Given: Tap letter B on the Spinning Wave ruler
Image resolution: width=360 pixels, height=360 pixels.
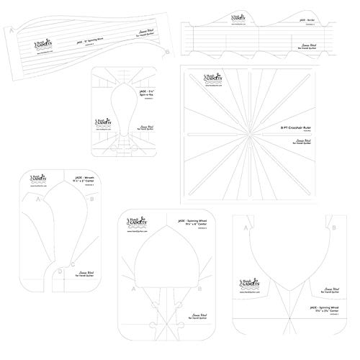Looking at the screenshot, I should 167,52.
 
